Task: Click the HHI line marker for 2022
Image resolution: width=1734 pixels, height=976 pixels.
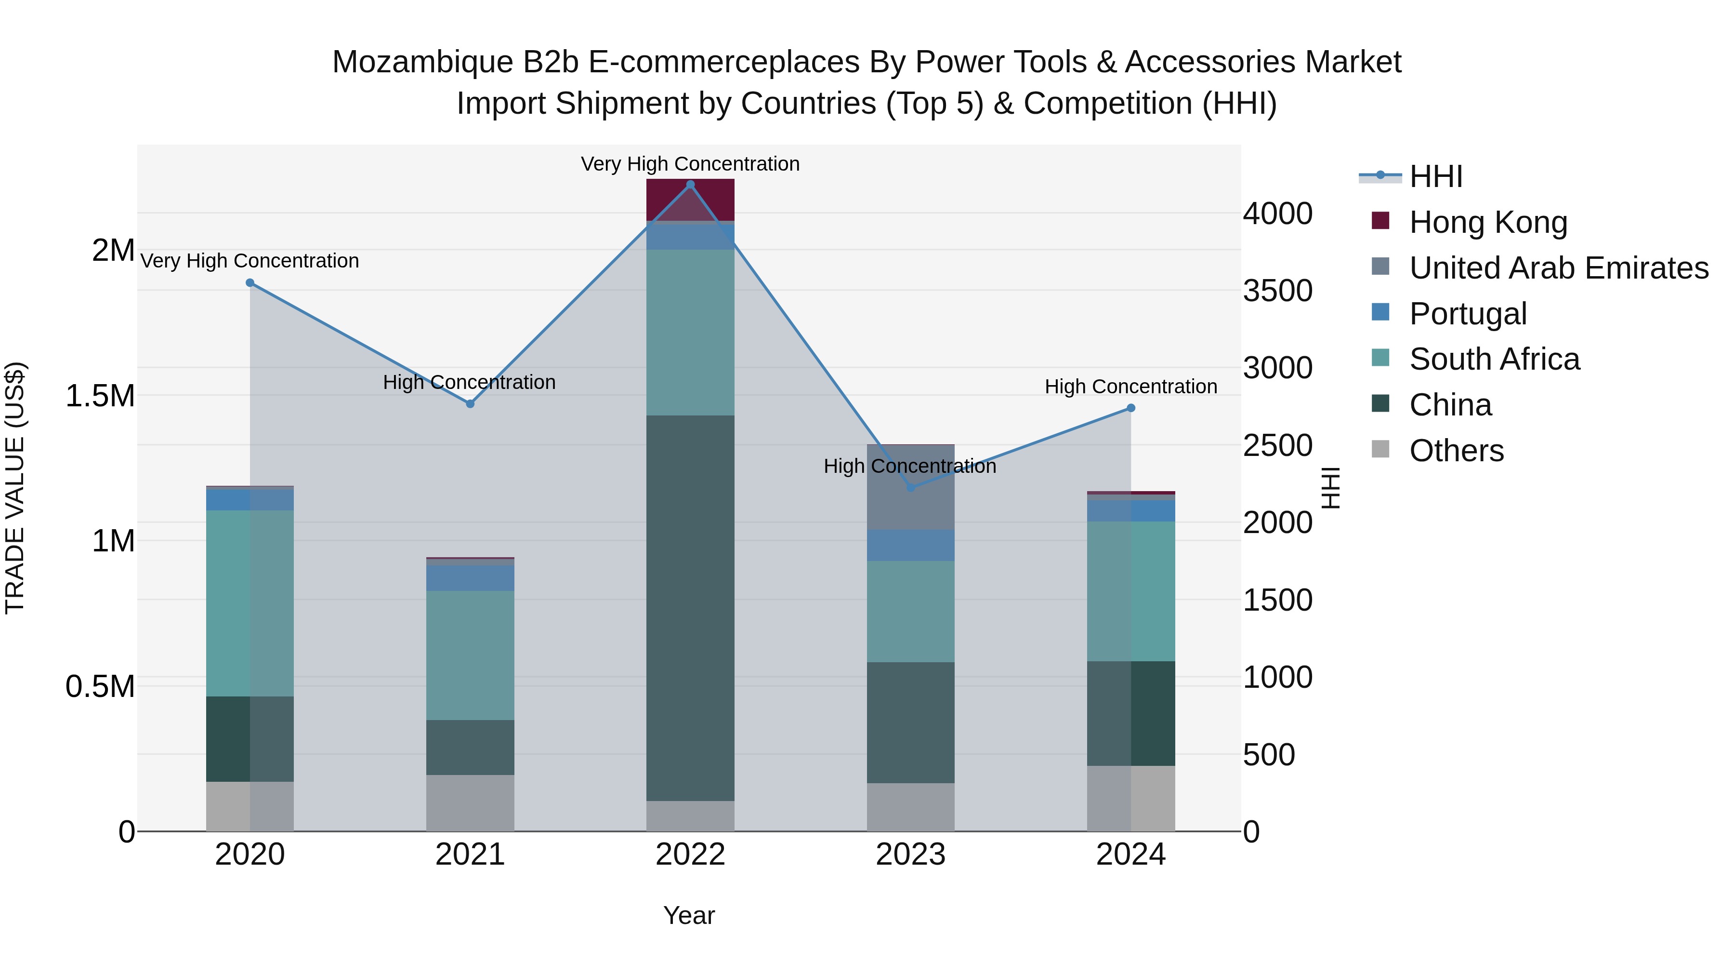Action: [690, 185]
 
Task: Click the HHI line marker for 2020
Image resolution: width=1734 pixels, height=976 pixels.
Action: [250, 283]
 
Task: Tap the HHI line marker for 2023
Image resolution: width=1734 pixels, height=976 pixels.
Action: [911, 488]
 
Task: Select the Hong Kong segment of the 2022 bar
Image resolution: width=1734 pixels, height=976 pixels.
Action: [690, 200]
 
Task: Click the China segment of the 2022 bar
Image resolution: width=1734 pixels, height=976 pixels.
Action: [690, 608]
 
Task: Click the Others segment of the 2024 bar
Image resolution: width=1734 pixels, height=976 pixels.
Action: [1131, 798]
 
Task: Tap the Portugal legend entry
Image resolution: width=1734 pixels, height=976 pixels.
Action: [1468, 314]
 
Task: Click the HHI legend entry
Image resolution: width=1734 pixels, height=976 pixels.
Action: [1435, 176]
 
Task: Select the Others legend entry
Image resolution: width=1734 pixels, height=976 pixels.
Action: [1456, 451]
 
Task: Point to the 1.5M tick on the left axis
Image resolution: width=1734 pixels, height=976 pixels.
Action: [100, 396]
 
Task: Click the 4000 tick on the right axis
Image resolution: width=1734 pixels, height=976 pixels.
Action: [1277, 214]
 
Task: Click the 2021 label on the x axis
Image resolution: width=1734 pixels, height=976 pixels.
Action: [470, 855]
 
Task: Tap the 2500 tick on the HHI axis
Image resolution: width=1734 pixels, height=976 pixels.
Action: [1277, 445]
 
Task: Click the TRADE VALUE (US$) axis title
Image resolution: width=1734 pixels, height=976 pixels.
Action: [15, 488]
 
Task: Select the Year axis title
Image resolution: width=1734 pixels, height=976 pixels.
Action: [689, 915]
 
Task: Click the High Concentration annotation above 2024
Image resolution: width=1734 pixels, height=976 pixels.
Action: [1131, 387]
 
